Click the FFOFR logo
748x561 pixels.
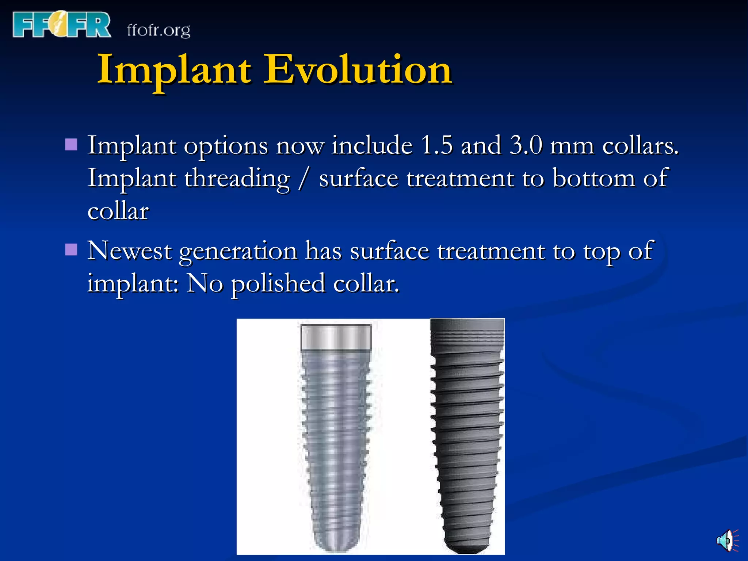click(x=61, y=25)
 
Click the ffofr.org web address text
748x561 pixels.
click(x=159, y=30)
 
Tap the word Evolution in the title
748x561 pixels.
click(x=358, y=69)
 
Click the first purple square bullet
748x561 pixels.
click(x=71, y=145)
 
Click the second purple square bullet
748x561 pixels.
click(x=71, y=250)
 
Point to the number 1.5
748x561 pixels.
click(x=436, y=145)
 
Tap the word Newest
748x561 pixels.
click(x=129, y=251)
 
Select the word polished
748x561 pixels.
click(x=278, y=284)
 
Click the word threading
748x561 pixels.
click(x=237, y=179)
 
